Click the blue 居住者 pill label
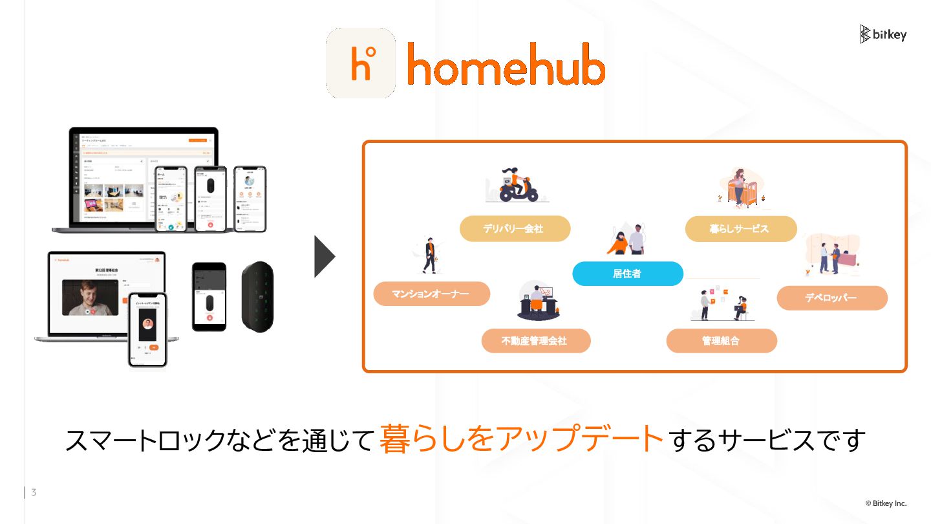pyautogui.click(x=627, y=274)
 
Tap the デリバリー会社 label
pyautogui.click(x=515, y=228)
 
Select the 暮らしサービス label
pyautogui.click(x=740, y=228)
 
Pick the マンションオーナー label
pyautogui.click(x=431, y=294)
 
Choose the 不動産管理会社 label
pyautogui.click(x=535, y=340)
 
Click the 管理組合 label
pyautogui.click(x=721, y=340)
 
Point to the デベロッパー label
pyautogui.click(x=831, y=298)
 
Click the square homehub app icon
pyautogui.click(x=361, y=63)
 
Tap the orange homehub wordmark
pyautogui.click(x=506, y=65)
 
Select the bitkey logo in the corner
pyautogui.click(x=883, y=34)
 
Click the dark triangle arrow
pyautogui.click(x=324, y=257)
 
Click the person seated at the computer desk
pyautogui.click(x=537, y=301)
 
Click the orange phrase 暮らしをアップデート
pyautogui.click(x=522, y=439)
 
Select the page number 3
pyautogui.click(x=34, y=493)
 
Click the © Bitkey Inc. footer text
pyautogui.click(x=886, y=503)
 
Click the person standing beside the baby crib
pyautogui.click(x=738, y=186)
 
